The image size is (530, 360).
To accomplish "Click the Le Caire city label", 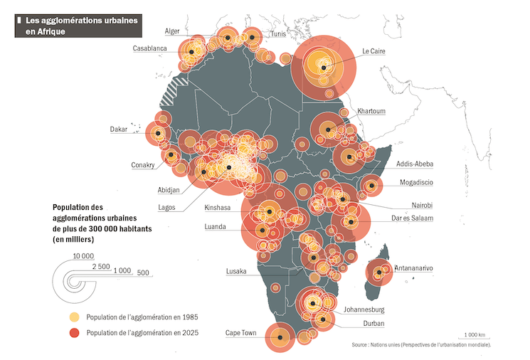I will click(374, 51).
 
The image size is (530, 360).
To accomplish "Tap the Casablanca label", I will click(149, 48).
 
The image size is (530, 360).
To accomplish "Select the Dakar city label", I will click(118, 129).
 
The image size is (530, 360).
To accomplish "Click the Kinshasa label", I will click(218, 208).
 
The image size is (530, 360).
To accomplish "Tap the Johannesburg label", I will click(364, 309).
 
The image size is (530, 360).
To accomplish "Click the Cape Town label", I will click(240, 332).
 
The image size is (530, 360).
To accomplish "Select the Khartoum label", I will click(371, 111).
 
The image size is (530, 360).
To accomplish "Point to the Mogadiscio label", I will click(415, 182).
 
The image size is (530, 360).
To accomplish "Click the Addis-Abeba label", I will click(415, 164).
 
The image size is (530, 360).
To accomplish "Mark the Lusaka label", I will click(236, 271).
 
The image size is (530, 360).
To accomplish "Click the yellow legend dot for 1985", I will click(74, 317).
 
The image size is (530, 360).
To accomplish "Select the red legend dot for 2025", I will click(74, 332).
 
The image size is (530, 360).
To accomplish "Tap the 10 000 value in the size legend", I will click(83, 255).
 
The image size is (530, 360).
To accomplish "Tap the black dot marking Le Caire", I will click(324, 68).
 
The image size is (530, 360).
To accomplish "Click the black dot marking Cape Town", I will click(280, 337).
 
